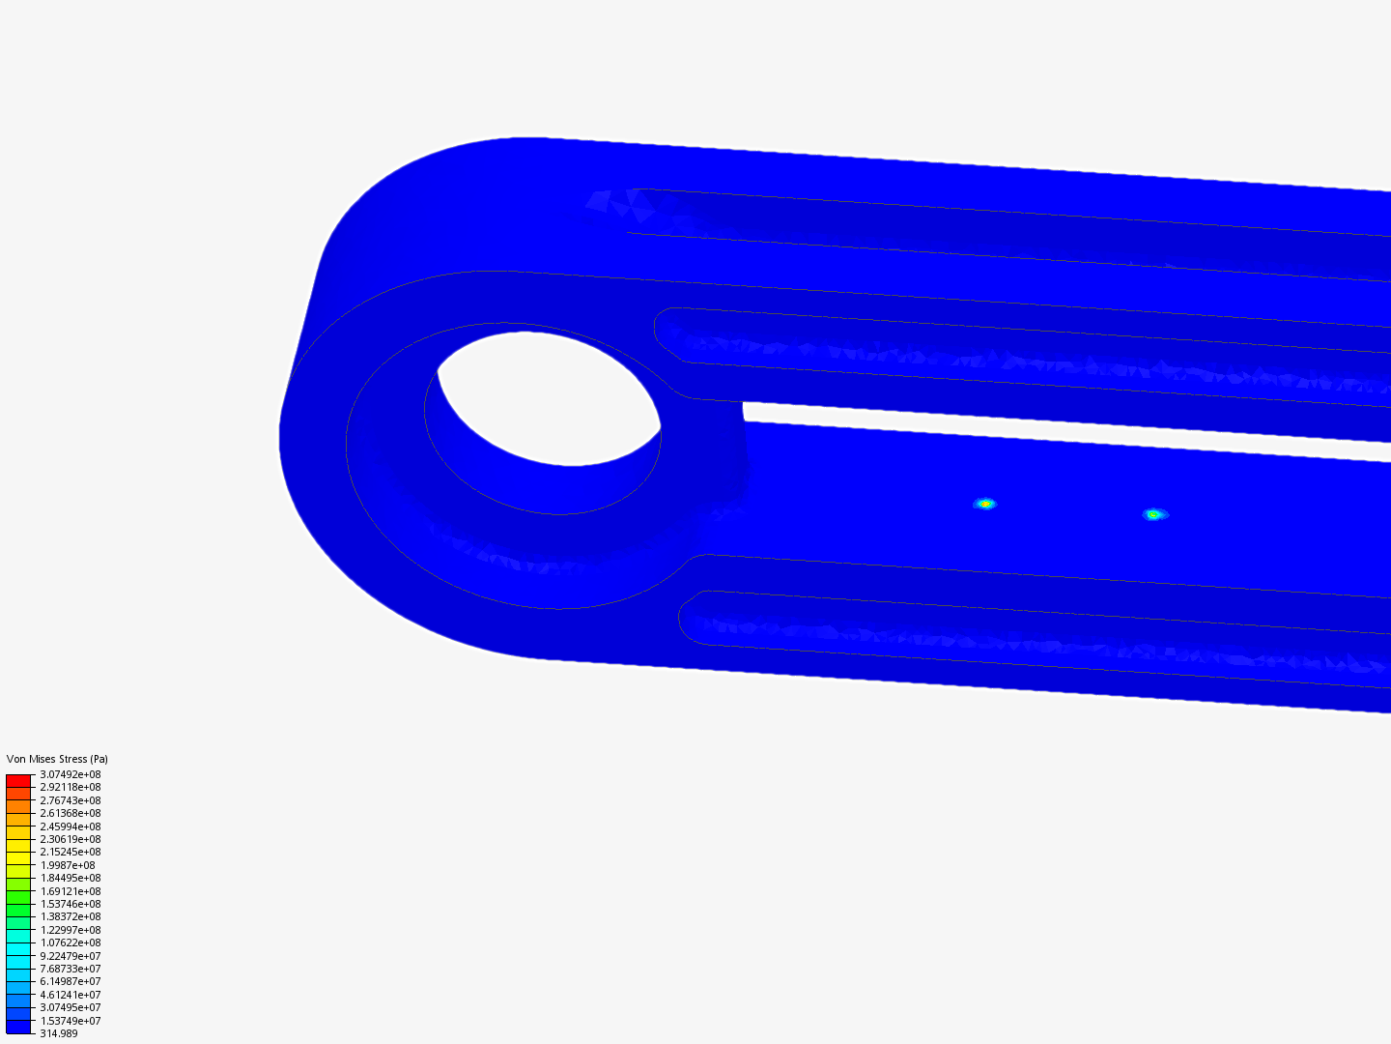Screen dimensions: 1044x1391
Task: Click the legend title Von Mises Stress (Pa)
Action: [x=57, y=759]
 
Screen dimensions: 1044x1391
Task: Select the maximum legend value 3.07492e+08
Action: [x=70, y=774]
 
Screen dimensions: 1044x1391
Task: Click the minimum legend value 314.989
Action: [x=58, y=1033]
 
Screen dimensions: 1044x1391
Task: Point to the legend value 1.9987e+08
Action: [x=67, y=865]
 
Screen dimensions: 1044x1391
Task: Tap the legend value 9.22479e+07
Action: [x=70, y=956]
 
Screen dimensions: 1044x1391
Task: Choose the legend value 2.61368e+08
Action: [x=70, y=813]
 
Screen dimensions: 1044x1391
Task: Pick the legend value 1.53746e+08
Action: [x=70, y=904]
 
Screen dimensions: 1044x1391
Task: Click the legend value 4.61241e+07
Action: [x=70, y=995]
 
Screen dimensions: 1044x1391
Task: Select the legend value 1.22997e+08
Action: [x=70, y=930]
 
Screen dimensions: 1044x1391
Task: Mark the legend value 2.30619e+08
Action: [x=70, y=839]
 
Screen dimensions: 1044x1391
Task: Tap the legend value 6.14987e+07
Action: [x=70, y=981]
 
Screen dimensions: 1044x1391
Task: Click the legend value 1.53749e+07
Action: [x=70, y=1021]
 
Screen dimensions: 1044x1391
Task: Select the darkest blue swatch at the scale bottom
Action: [x=18, y=1027]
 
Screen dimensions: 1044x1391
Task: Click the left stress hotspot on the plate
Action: [x=984, y=504]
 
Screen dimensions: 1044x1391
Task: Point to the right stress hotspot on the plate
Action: [x=1152, y=514]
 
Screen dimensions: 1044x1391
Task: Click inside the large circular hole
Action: [x=551, y=396]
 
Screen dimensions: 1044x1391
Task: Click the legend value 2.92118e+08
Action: [x=70, y=787]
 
